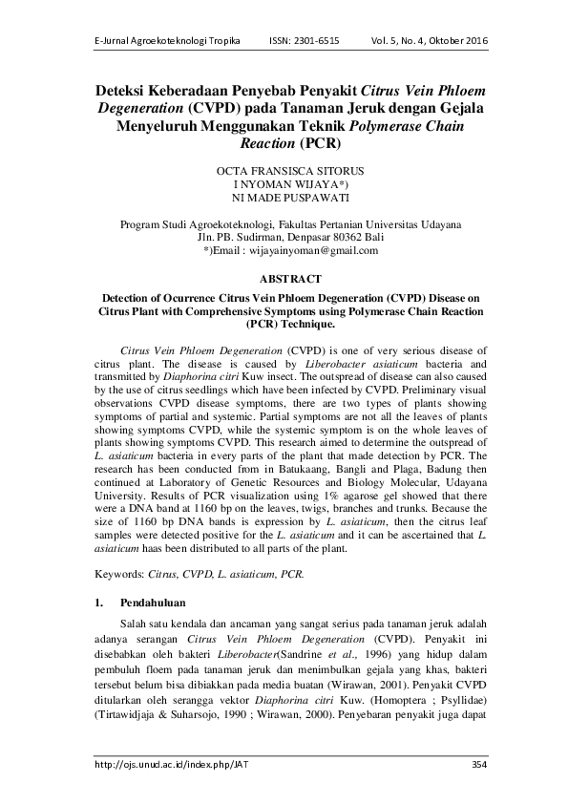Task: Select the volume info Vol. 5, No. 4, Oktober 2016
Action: click(427, 42)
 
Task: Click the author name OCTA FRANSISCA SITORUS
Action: click(284, 170)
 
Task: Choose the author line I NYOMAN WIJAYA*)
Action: click(284, 184)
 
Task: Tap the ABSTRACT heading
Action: click(284, 278)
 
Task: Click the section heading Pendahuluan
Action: click(152, 603)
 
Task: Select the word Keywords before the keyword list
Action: click(121, 576)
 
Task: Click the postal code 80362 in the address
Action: click(335, 237)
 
